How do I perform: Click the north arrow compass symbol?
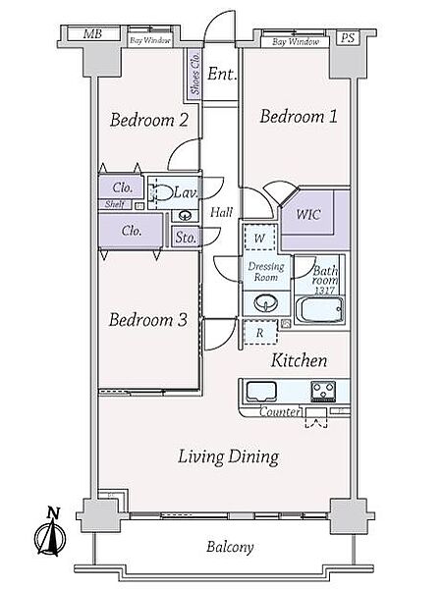(x=50, y=533)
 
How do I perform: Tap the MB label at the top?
(x=92, y=34)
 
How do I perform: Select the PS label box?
(x=348, y=38)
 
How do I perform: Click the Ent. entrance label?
(x=222, y=74)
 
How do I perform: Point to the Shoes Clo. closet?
(x=194, y=75)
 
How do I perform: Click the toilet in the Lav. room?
(x=160, y=193)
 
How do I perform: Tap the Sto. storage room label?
(x=186, y=238)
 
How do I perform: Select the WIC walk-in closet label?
(x=308, y=214)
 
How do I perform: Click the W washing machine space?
(x=259, y=238)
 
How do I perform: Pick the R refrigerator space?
(x=260, y=333)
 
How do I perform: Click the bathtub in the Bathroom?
(x=320, y=310)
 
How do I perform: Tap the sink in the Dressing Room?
(x=266, y=303)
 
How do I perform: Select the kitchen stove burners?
(x=323, y=391)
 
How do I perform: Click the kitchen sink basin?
(x=261, y=392)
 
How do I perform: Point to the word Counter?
(x=280, y=411)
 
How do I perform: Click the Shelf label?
(x=115, y=204)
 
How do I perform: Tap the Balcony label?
(x=230, y=547)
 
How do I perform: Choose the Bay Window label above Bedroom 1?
(x=296, y=41)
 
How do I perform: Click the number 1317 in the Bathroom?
(x=325, y=291)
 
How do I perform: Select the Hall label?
(x=221, y=213)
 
